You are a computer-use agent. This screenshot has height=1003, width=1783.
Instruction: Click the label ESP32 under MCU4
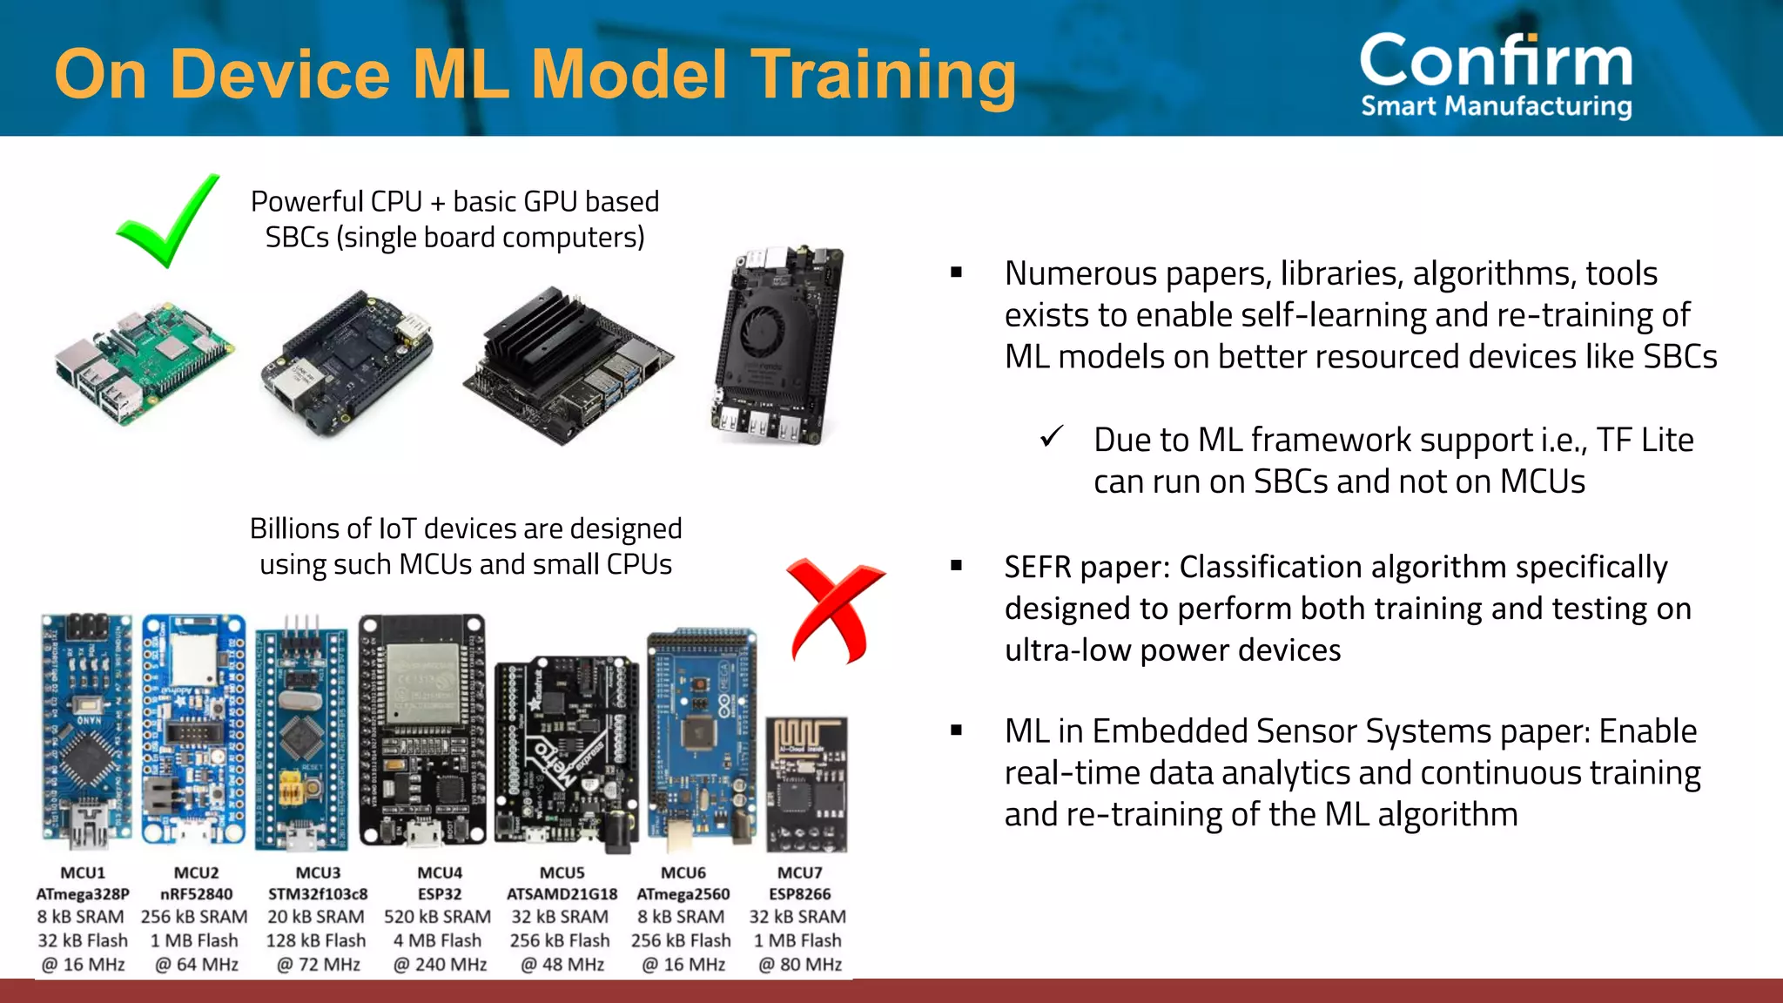440,894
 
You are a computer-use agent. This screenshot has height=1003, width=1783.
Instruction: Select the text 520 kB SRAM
437,917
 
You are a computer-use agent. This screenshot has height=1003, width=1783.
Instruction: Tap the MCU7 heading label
799,872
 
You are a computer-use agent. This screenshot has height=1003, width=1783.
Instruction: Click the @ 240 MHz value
440,965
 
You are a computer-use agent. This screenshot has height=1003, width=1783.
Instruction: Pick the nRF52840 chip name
196,894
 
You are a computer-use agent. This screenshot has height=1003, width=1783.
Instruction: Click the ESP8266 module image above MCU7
806,784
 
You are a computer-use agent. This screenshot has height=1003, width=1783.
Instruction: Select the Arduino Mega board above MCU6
701,740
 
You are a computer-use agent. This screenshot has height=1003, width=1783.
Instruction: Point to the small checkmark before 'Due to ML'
1052,436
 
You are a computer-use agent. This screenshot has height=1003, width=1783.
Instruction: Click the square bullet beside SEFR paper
957,566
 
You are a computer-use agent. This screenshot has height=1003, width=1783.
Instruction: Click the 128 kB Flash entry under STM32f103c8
316,940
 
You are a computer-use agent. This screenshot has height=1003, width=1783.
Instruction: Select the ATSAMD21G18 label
562,894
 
